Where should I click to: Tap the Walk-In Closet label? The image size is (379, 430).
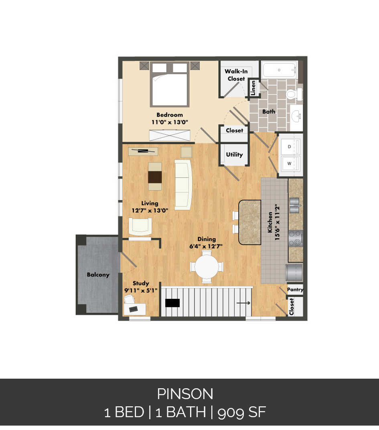point(236,75)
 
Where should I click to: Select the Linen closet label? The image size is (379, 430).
point(253,88)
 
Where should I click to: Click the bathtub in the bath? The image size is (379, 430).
point(279,70)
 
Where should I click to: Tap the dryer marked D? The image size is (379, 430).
point(290,147)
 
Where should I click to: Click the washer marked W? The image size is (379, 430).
point(290,163)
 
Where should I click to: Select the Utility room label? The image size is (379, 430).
point(234,154)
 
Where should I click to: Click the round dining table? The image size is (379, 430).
point(207,266)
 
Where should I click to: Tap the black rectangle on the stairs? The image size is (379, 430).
point(172,303)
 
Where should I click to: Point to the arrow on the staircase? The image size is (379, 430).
point(243,303)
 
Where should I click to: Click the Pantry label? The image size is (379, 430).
point(295,290)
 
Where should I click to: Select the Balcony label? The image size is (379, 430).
point(98,275)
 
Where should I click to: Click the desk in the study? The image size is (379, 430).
point(135,309)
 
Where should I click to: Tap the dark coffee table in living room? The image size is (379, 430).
point(155,177)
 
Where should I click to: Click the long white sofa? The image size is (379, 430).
point(183,185)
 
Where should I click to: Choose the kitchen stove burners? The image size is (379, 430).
point(296,238)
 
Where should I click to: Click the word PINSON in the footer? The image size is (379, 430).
point(185,394)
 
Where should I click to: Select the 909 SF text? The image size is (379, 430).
point(242,412)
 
